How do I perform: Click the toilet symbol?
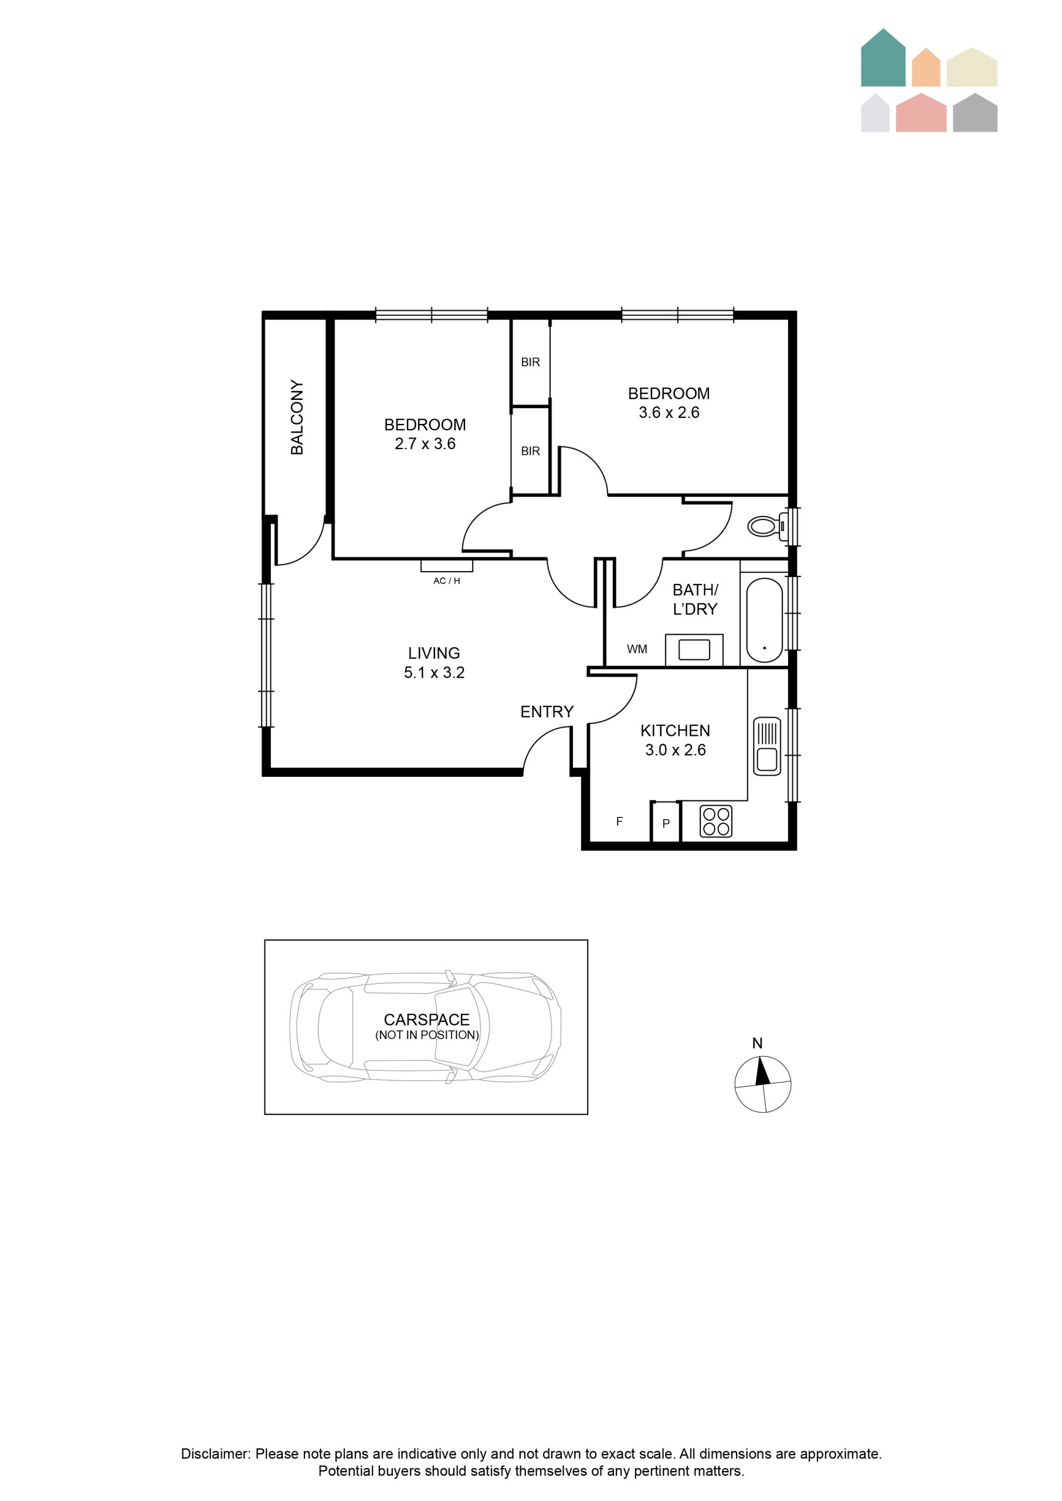tap(766, 527)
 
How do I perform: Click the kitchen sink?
tap(767, 746)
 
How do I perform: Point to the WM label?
tap(637, 649)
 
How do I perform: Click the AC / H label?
tap(447, 580)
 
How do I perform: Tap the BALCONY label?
tap(297, 417)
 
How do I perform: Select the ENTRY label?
tap(547, 712)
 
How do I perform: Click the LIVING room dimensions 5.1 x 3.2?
tap(434, 673)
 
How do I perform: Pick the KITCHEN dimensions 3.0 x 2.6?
tap(676, 750)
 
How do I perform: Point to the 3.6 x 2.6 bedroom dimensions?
tap(669, 413)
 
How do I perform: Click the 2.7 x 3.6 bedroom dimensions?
tap(425, 444)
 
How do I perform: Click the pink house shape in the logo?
tap(921, 113)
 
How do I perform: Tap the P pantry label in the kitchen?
tap(666, 824)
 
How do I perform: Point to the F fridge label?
tap(619, 822)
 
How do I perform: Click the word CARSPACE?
tap(426, 1020)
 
